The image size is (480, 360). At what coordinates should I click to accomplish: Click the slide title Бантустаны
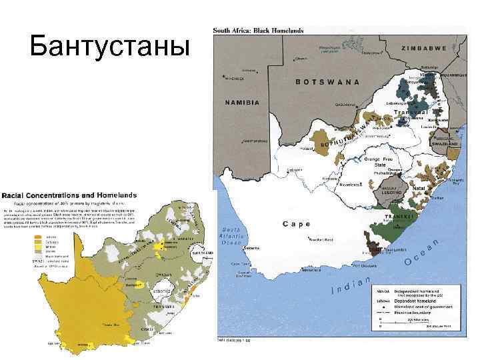[x=106, y=47]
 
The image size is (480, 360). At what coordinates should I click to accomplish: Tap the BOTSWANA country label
[x=327, y=82]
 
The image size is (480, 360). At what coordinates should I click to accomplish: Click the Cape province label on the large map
[x=297, y=224]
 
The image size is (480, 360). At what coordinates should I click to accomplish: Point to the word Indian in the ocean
[x=351, y=285]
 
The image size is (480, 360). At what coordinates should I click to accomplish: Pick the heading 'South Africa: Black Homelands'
[x=258, y=30]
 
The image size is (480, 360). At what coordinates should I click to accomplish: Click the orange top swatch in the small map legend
[x=32, y=236]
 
